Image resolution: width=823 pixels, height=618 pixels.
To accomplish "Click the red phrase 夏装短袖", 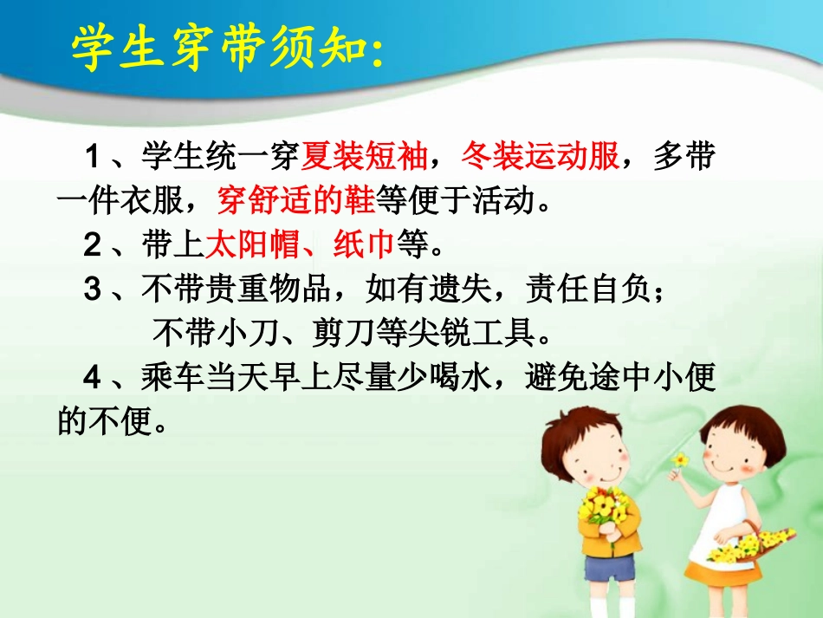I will coord(364,158).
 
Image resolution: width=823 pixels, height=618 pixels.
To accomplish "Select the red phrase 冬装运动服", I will coord(540,158).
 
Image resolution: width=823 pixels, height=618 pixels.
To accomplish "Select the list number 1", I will coord(92,159).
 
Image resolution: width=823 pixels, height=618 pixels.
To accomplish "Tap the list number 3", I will coord(92,290).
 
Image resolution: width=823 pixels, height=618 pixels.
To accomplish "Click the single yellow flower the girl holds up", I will coord(681,460).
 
